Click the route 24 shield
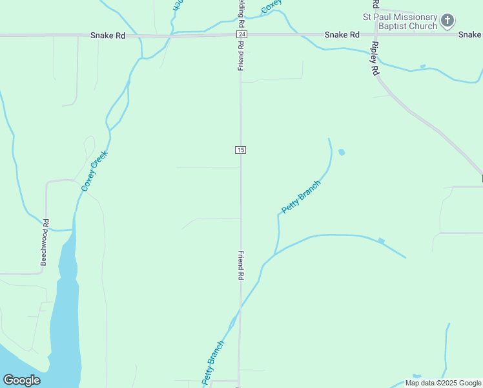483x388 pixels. tap(241, 34)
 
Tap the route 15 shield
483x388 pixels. tap(240, 150)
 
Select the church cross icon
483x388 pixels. tap(447, 21)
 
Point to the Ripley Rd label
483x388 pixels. tap(375, 59)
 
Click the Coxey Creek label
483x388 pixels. tap(94, 171)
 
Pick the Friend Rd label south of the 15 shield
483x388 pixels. tap(241, 265)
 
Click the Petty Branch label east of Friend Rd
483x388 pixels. tap(301, 197)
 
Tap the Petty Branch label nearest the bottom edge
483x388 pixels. tap(212, 363)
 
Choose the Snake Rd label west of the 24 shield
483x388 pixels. tap(107, 36)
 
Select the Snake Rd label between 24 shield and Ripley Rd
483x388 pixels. tap(342, 34)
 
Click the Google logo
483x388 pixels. tap(21, 380)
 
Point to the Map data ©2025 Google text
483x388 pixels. tap(443, 383)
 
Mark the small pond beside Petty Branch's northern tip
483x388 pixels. tap(342, 153)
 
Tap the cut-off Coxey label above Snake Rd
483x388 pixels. tap(271, 6)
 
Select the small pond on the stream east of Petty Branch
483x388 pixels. tap(381, 241)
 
